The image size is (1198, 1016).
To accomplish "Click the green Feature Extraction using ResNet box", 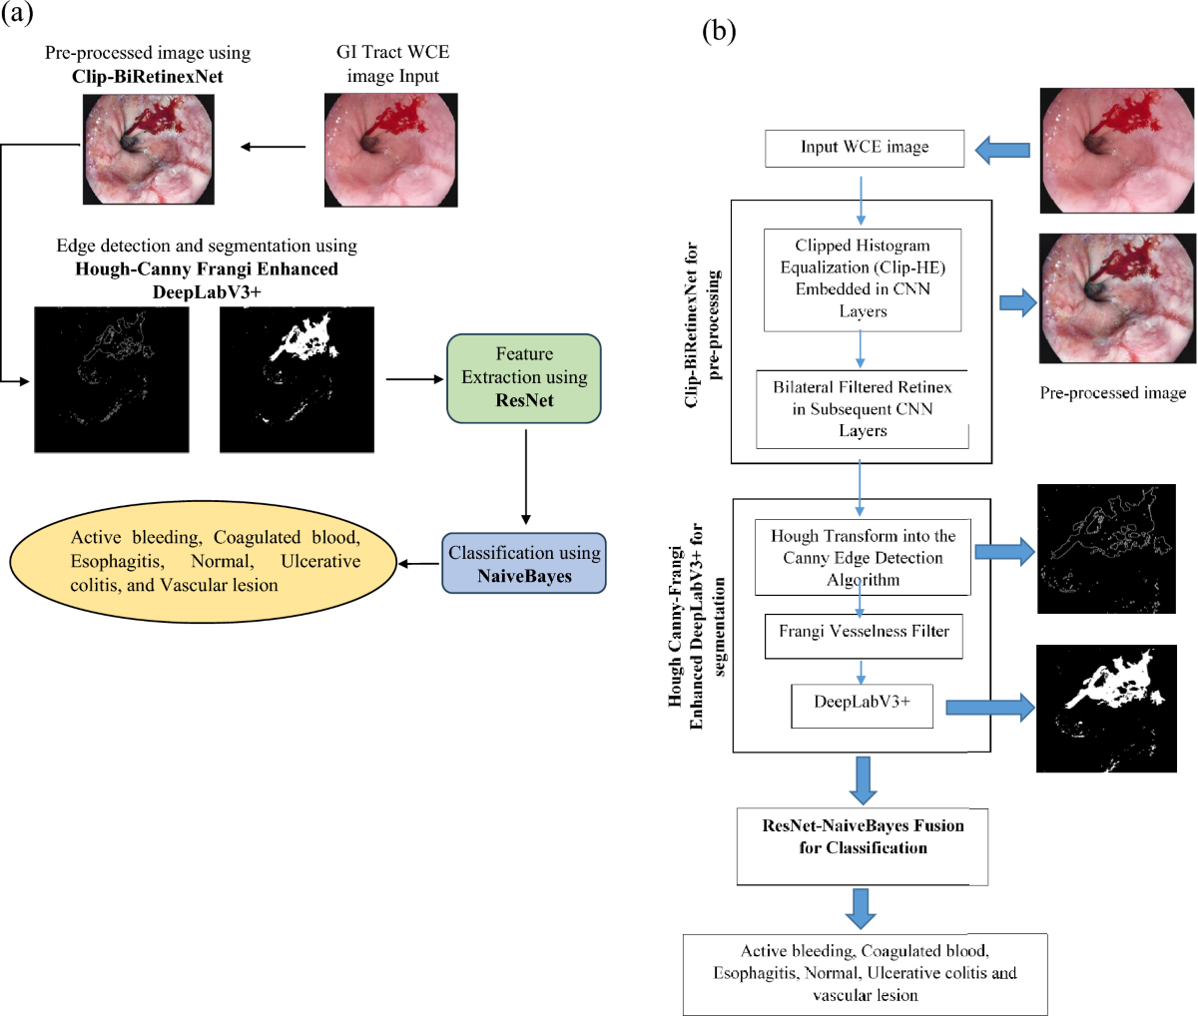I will coord(523,377).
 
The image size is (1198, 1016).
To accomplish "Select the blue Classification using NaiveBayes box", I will coord(523,564).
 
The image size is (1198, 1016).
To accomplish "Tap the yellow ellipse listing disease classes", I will coord(203,561).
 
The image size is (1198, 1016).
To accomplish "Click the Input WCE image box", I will coord(864,148).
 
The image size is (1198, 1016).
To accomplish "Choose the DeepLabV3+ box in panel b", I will coord(862,705).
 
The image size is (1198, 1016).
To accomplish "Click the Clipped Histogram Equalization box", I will coord(863,279).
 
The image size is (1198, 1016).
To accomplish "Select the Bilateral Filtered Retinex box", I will coord(863,409).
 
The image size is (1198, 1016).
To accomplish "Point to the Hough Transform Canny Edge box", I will coord(863,558).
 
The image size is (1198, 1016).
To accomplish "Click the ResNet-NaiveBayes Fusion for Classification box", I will coord(863,845).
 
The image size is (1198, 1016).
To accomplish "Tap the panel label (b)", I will coord(719,32).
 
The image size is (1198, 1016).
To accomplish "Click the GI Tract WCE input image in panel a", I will coord(391,150).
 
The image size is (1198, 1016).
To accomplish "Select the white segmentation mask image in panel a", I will coord(297,380).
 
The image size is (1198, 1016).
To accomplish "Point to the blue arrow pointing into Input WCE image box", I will coord(1001,151).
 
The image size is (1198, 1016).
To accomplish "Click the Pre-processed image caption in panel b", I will coord(1113,393).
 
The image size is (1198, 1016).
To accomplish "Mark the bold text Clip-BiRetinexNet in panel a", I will coord(147,76).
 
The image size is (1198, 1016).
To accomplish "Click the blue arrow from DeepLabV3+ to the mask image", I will coord(990,707).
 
